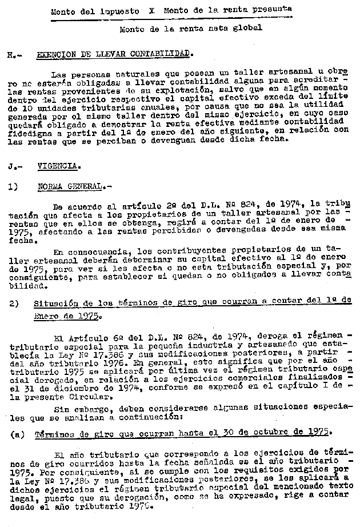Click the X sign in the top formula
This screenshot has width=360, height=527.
click(151, 11)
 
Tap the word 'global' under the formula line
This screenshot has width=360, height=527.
click(246, 27)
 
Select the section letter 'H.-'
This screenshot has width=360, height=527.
click(14, 55)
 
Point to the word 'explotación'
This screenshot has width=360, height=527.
click(165, 91)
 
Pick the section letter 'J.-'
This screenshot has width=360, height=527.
click(14, 166)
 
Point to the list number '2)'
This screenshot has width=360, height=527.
click(14, 305)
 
